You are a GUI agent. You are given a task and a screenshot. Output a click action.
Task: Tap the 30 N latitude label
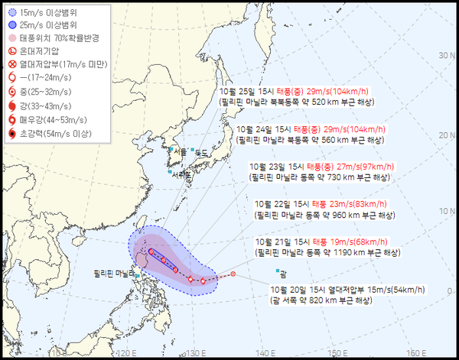tap(443, 54)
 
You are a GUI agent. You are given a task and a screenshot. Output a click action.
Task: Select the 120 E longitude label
tap(125, 352)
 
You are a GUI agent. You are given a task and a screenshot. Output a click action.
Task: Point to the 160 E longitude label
tap(416, 352)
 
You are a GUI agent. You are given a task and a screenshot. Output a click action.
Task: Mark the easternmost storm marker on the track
tap(233, 275)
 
